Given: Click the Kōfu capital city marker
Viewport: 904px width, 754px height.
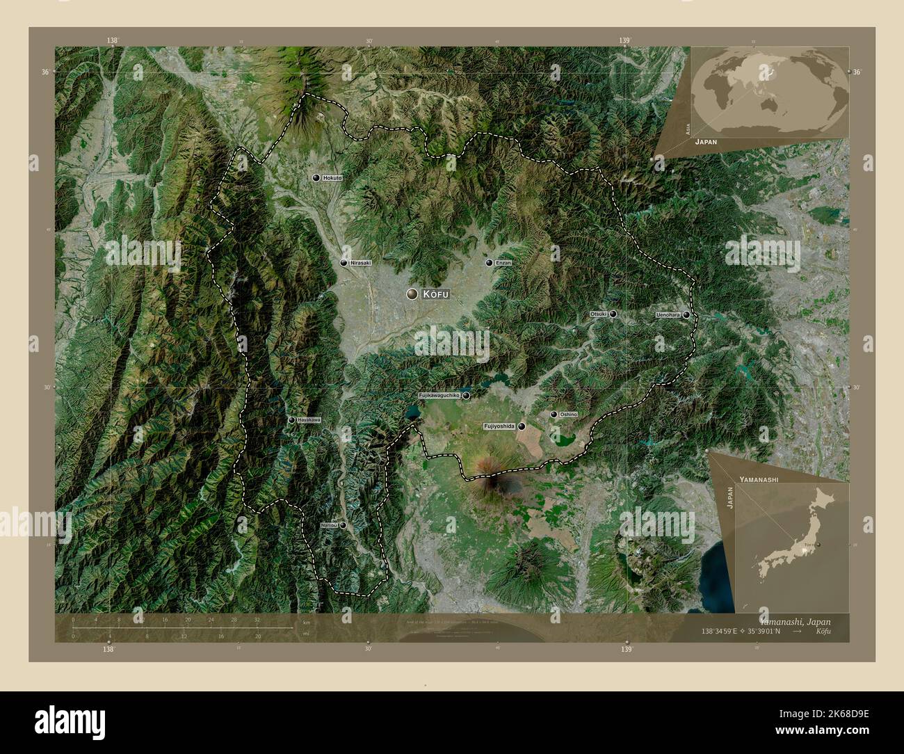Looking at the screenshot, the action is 413,295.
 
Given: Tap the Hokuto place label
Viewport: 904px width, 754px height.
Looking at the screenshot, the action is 333,179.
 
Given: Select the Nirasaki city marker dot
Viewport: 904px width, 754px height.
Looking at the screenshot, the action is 344,263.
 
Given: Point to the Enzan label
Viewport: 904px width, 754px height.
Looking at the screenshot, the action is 503,263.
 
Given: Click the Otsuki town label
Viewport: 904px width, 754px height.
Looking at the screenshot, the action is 599,314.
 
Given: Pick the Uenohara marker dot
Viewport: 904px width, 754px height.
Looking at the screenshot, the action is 686,315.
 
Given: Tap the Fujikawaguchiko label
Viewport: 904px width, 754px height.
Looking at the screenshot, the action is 439,396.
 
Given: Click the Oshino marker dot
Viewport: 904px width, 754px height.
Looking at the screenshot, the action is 554,415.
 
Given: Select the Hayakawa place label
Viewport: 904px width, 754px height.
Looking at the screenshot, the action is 309,420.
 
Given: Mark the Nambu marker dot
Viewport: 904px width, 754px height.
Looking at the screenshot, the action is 343,526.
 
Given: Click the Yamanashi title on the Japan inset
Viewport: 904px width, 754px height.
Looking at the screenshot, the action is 758,480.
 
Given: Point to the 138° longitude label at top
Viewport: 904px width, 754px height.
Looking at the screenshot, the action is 112,41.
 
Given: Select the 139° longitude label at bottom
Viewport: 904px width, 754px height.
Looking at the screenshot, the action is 627,650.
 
